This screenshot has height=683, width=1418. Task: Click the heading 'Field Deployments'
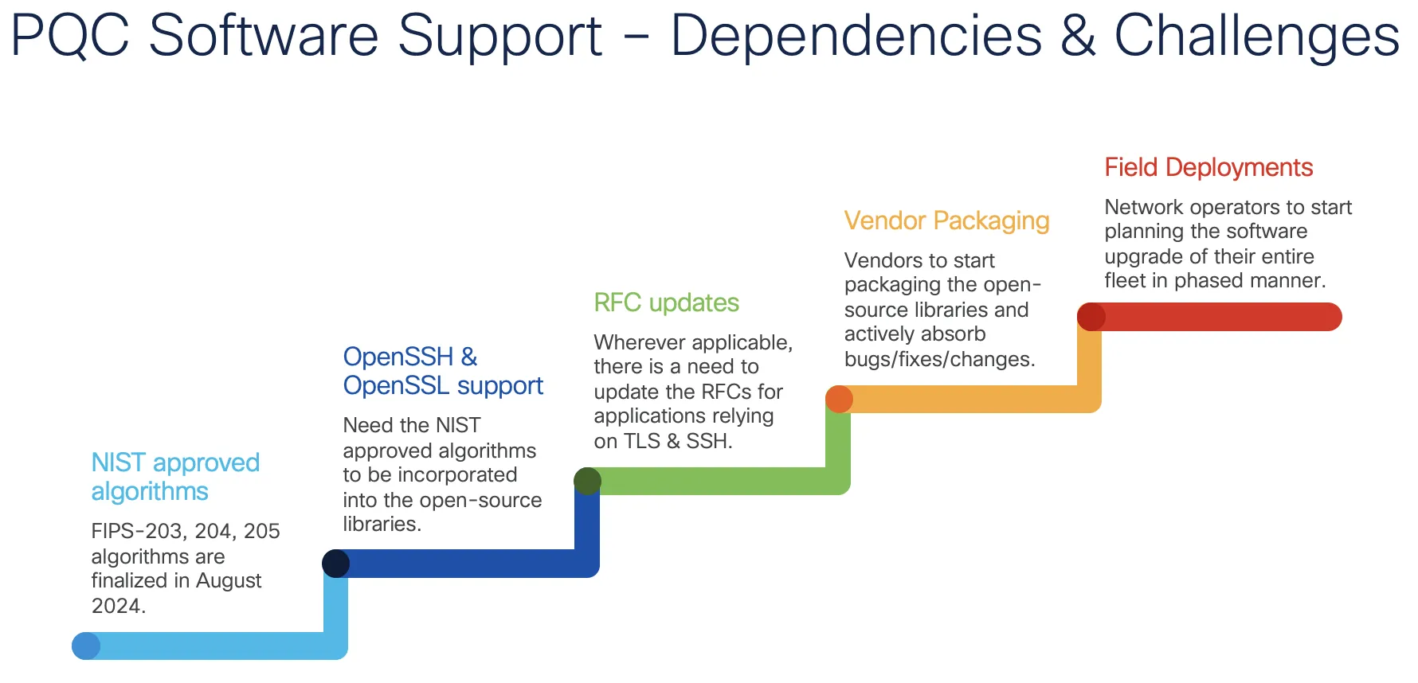1208,168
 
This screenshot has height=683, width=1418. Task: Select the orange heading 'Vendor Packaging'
946,221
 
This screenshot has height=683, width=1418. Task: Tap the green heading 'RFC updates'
666,302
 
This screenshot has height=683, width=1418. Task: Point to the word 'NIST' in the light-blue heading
118,462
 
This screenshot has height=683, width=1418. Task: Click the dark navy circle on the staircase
336,563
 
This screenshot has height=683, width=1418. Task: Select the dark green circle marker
587,481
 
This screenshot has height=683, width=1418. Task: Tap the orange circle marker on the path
839,399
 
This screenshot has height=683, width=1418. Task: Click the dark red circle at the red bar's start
1091,317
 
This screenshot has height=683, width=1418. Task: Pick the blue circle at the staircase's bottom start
86,646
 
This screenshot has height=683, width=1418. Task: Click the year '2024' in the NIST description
116,606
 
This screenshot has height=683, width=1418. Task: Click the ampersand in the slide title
1078,36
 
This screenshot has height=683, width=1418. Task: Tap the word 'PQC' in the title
70,36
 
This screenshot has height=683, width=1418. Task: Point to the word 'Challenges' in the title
1256,36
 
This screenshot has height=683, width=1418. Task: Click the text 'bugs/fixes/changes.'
939,359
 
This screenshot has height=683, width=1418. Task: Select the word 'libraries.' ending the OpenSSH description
382,524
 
